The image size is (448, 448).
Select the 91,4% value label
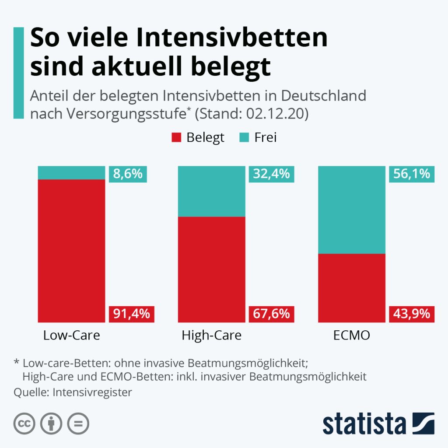[131, 314]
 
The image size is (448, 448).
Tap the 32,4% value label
[271, 174]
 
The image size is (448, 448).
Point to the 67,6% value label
[271, 314]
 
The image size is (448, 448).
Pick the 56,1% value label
[411, 174]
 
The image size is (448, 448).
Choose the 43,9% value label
[411, 314]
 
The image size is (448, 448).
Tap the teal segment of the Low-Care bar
[72, 172]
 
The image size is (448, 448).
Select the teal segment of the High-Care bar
[212, 191]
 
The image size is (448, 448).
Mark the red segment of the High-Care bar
[212, 269]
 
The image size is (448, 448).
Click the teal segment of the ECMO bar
[352, 210]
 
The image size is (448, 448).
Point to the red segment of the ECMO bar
[352, 287]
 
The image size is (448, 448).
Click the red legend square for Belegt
[176, 138]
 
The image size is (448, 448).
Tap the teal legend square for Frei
[245, 138]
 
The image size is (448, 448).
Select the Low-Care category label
[72, 336]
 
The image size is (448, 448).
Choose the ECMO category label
[352, 336]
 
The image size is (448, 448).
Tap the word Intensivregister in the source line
[92, 392]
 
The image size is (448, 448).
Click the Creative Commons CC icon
[24, 423]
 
